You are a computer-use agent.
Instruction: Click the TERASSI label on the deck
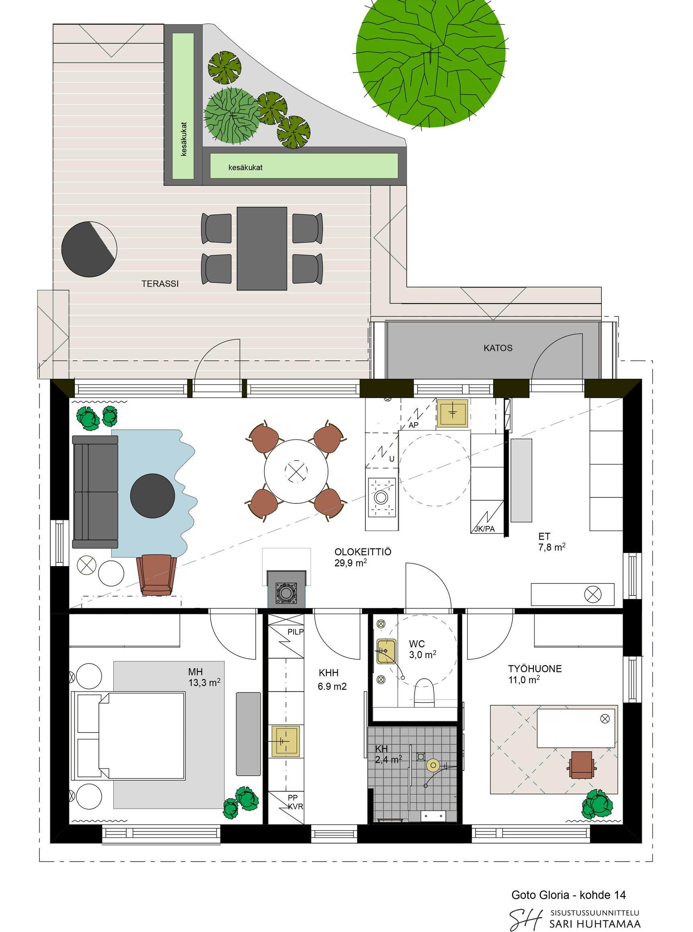coord(160,284)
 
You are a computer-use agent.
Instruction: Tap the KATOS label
coord(498,348)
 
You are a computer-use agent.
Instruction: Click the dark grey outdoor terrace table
coord(262,248)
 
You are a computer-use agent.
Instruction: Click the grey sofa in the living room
coord(95,492)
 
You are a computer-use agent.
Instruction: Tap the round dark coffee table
coord(152,496)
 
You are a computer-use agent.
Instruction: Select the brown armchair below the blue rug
coord(156,575)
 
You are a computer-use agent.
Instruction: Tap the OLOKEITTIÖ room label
coord(363,552)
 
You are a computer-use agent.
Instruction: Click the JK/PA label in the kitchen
coord(484,529)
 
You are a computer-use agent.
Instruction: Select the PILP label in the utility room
coord(295,632)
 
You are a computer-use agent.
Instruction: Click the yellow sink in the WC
coord(386,651)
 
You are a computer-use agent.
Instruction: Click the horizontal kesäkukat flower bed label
coord(245,167)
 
